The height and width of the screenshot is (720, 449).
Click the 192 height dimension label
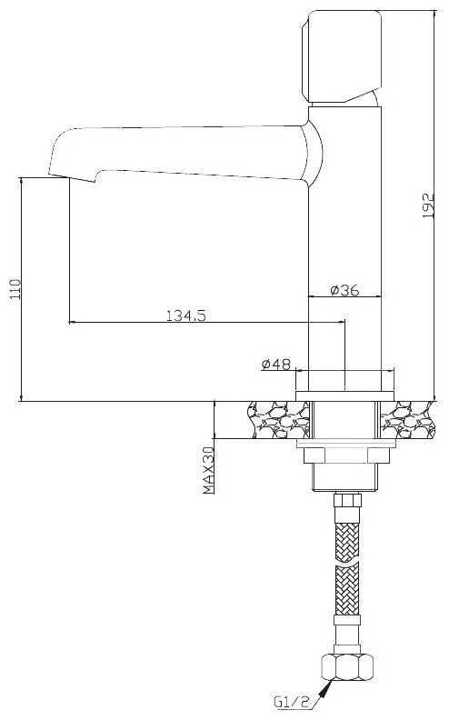(x=427, y=205)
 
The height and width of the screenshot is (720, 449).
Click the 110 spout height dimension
(x=15, y=289)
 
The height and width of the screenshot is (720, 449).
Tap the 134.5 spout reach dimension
(x=185, y=315)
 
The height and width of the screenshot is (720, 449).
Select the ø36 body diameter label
(x=344, y=290)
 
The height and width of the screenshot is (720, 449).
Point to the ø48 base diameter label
(x=276, y=365)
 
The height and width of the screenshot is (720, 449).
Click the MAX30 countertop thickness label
(x=209, y=470)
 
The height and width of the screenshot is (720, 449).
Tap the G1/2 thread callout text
(x=291, y=702)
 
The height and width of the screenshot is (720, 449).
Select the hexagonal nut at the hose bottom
(x=347, y=667)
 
